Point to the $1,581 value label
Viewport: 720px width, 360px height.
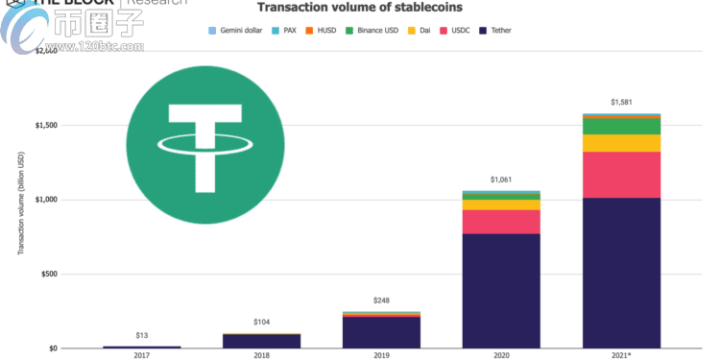pos(621,102)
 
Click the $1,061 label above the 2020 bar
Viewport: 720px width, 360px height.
pos(501,180)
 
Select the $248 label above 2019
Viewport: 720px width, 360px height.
pos(381,300)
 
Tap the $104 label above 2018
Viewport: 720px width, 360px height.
pos(261,322)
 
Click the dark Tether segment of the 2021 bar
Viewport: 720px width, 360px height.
pos(621,273)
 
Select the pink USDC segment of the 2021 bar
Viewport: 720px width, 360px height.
pos(621,175)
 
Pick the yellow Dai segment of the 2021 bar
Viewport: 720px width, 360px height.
pos(621,143)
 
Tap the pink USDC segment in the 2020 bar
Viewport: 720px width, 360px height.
pos(501,222)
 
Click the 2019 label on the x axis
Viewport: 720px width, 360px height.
pos(381,355)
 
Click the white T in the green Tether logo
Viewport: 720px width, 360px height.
pos(204,144)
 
